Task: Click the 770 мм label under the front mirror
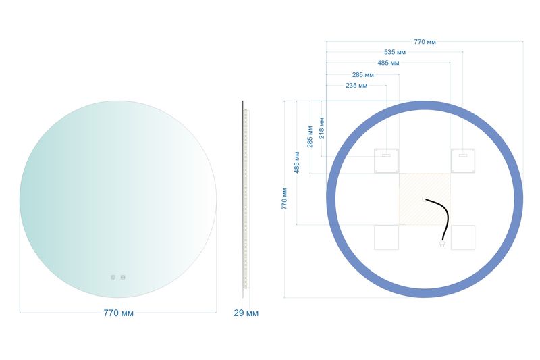coord(119,313)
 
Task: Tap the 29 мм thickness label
coord(246,313)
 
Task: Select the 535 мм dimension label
coord(395,53)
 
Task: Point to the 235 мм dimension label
coord(356,85)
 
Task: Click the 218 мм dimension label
coord(322,128)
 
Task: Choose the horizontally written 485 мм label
coord(388,63)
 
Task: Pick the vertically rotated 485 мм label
coord(297,162)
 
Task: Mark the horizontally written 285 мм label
coord(362,75)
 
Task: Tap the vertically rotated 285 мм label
coord(310,136)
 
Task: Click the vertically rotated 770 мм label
coord(284,199)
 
